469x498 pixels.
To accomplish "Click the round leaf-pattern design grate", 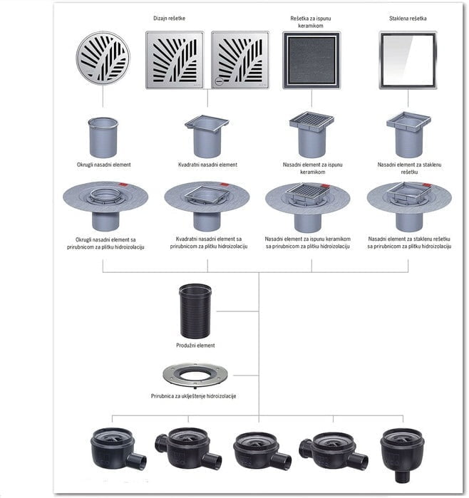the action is tap(103, 58).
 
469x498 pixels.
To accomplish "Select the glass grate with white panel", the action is tap(408, 60).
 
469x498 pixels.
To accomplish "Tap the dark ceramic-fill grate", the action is tap(311, 60).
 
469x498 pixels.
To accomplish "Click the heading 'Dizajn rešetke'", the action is tap(169, 19).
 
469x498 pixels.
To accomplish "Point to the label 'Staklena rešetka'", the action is tap(408, 19).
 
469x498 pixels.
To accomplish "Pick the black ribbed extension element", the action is tap(195, 311).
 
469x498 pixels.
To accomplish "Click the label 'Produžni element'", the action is tap(195, 346).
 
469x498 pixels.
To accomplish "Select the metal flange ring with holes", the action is tap(195, 375).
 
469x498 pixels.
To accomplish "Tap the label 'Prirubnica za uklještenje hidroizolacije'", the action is tap(193, 396).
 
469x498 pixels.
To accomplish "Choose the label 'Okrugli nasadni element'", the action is tap(103, 165).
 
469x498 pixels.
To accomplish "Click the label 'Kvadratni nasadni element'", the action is tap(207, 165).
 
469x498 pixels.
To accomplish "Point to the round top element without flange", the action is tap(103, 138).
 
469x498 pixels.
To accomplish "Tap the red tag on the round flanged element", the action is tap(123, 185).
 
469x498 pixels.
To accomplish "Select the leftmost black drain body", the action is tap(118, 448).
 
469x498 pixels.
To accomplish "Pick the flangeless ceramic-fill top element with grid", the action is tap(311, 135).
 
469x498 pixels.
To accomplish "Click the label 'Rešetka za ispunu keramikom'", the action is tap(311, 22).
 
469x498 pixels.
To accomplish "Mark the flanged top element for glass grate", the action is tap(409, 207).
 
